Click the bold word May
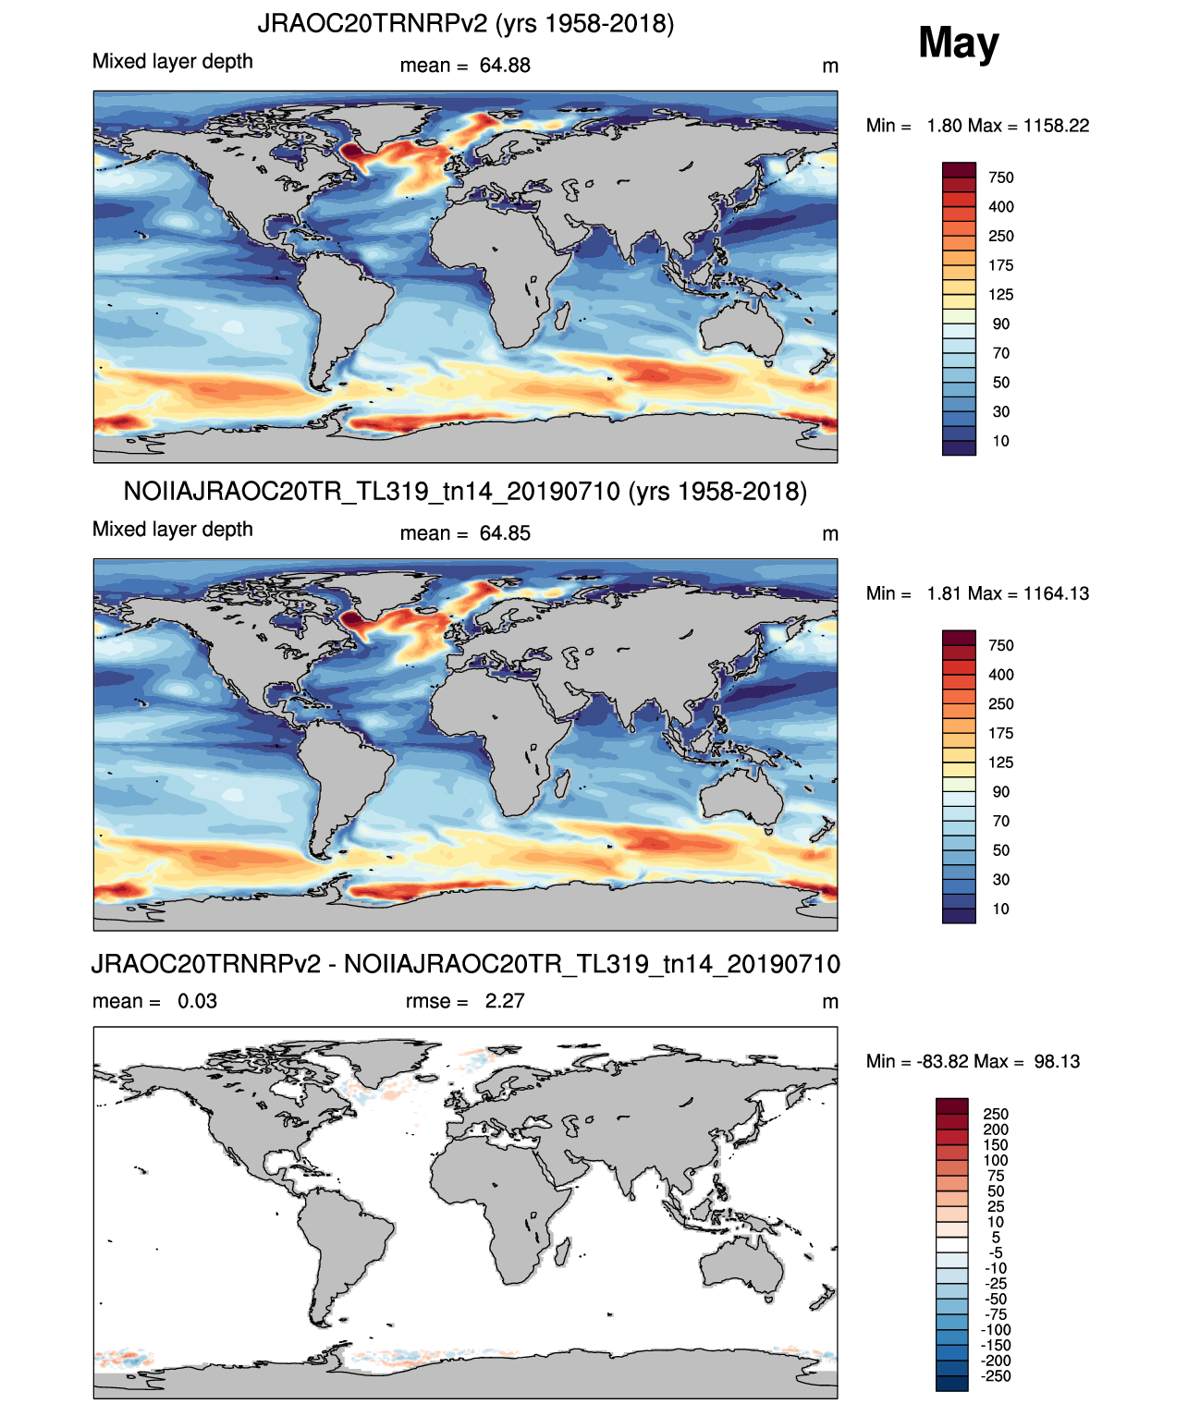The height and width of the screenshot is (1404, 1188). click(958, 43)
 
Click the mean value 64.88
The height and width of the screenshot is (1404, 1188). click(505, 66)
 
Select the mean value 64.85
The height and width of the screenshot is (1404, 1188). click(505, 534)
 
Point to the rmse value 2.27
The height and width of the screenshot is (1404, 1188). click(505, 1001)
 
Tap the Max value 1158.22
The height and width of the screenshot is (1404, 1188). click(1056, 126)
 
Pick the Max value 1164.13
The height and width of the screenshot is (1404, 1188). click(1056, 593)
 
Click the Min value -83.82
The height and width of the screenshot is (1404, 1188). click(941, 1062)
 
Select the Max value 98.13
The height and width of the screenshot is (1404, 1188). click(1057, 1062)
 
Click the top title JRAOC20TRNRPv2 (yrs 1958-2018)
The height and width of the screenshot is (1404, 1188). click(466, 24)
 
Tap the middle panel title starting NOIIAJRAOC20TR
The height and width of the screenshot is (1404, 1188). click(465, 491)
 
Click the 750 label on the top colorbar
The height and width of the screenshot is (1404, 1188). click(1000, 178)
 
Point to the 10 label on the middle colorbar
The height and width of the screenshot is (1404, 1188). click(1000, 909)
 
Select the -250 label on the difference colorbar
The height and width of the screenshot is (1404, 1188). click(998, 1376)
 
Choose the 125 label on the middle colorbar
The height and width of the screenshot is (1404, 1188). click(1000, 763)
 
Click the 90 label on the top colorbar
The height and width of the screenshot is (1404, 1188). click(1000, 324)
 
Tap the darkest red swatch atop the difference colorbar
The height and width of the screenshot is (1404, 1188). click(951, 1105)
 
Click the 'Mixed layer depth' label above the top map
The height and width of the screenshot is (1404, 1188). click(173, 62)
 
